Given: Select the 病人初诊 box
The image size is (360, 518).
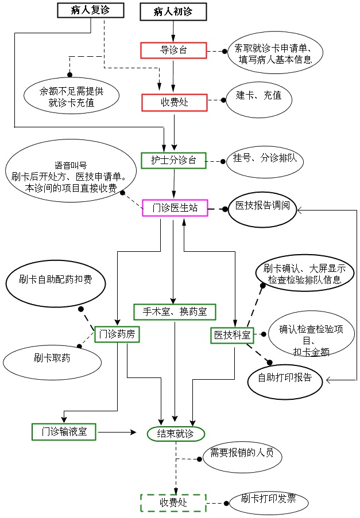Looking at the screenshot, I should [173, 11].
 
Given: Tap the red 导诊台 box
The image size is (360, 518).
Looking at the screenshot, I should [173, 50].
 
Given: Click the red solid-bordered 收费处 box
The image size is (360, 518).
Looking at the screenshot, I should [173, 103].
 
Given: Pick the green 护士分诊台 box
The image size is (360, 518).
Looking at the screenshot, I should [173, 160].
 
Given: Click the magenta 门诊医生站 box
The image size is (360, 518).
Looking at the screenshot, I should [175, 208].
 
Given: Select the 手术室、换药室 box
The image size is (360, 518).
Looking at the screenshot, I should [175, 311].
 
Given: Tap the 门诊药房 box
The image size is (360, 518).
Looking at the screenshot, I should [117, 334].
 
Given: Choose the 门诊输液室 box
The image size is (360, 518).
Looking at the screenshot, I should [64, 431].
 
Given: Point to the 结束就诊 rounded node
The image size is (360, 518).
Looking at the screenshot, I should [176, 434].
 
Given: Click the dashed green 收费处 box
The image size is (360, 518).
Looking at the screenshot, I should [173, 503].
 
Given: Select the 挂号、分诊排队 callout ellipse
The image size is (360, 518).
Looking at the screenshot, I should [265, 159].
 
